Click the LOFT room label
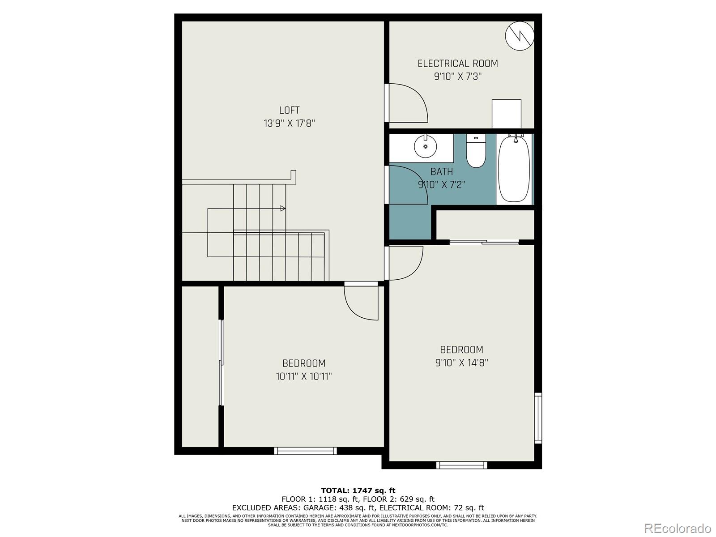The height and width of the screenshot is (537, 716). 289,110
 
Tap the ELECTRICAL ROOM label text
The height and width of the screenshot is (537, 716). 457,64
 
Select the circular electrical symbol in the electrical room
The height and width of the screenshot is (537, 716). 520,35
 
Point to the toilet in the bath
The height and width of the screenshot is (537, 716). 476,151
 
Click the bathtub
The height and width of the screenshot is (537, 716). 514,170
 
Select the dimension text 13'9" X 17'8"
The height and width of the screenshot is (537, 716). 289,123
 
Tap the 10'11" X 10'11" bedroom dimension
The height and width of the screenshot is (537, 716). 303,376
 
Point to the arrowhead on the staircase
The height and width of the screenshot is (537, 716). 282,208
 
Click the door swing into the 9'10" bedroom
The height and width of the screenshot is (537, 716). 405,263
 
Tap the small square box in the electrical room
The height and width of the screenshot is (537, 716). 506,114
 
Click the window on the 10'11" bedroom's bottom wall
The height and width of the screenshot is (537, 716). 305,451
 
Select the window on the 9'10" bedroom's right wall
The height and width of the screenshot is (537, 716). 538,418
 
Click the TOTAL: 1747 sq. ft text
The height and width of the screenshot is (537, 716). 358,490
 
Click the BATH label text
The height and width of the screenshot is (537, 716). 441,171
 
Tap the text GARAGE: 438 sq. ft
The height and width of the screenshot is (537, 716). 339,507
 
